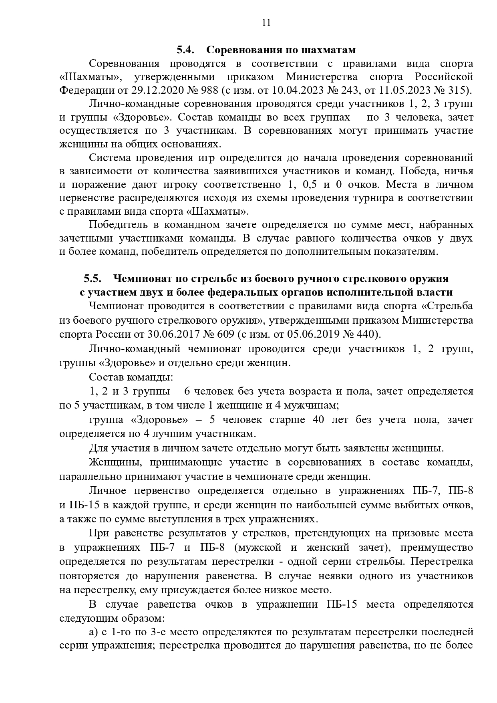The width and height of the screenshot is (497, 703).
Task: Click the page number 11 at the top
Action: (266, 22)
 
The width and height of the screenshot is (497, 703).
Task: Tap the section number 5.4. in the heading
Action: (185, 50)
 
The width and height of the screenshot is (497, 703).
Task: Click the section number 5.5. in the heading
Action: (92, 278)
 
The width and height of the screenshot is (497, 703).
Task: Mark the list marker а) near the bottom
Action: (93, 632)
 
